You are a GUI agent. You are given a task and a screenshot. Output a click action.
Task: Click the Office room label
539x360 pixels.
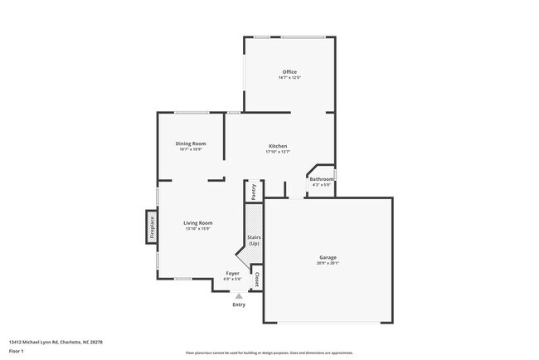(x=289, y=72)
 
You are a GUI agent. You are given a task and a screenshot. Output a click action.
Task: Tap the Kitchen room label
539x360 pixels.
(x=277, y=146)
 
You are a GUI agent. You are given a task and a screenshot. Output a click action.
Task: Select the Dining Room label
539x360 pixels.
(x=191, y=144)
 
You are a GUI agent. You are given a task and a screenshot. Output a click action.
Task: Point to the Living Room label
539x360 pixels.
(x=198, y=222)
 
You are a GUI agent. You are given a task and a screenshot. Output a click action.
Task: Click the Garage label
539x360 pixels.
(x=328, y=257)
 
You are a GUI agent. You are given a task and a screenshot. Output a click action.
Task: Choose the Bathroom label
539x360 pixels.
(x=321, y=179)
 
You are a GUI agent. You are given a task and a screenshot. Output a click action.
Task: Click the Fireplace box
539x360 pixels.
(x=152, y=225)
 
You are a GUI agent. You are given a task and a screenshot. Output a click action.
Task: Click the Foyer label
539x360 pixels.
(x=233, y=273)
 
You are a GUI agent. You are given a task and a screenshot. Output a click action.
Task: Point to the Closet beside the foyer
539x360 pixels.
(x=256, y=280)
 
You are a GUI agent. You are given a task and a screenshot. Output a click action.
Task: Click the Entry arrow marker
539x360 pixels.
(x=239, y=295)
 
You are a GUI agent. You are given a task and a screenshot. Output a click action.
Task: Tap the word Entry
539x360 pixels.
(x=239, y=304)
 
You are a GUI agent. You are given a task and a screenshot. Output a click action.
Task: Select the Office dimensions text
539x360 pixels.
(x=289, y=78)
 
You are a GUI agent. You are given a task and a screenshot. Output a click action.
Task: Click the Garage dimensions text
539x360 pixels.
(x=328, y=263)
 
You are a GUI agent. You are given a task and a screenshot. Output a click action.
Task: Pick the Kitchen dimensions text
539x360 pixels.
(x=277, y=152)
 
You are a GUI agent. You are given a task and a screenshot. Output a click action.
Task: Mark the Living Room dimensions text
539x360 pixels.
(x=198, y=229)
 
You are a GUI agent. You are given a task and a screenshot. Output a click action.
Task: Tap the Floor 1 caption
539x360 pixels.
(x=17, y=351)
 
